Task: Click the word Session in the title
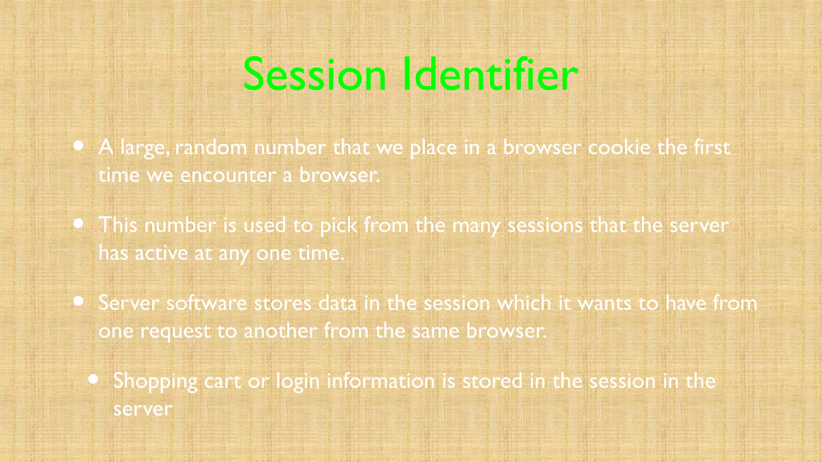[314, 75]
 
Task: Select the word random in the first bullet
[211, 148]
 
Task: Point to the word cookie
[619, 148]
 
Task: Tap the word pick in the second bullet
[338, 226]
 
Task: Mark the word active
[161, 253]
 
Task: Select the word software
[206, 303]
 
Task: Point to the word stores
[283, 303]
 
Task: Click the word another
[280, 331]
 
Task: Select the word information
[380, 381]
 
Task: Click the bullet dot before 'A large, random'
[79, 146]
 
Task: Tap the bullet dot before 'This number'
[79, 223]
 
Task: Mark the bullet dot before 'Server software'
[79, 301]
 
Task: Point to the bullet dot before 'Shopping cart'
[93, 379]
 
